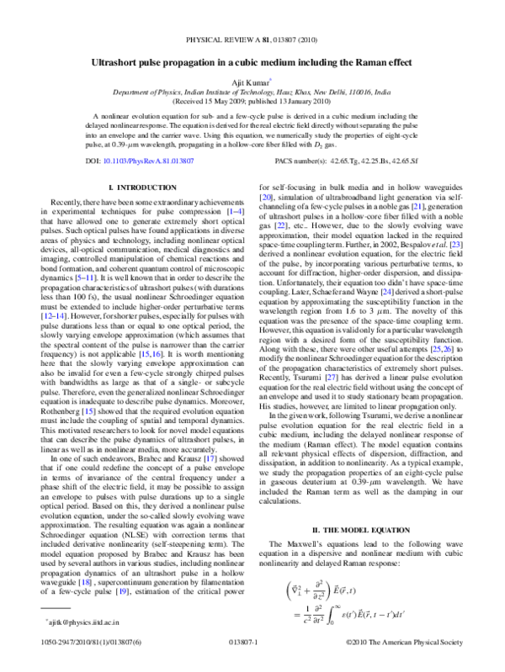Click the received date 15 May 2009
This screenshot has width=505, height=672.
click(228, 103)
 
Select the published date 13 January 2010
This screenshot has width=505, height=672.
click(304, 103)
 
